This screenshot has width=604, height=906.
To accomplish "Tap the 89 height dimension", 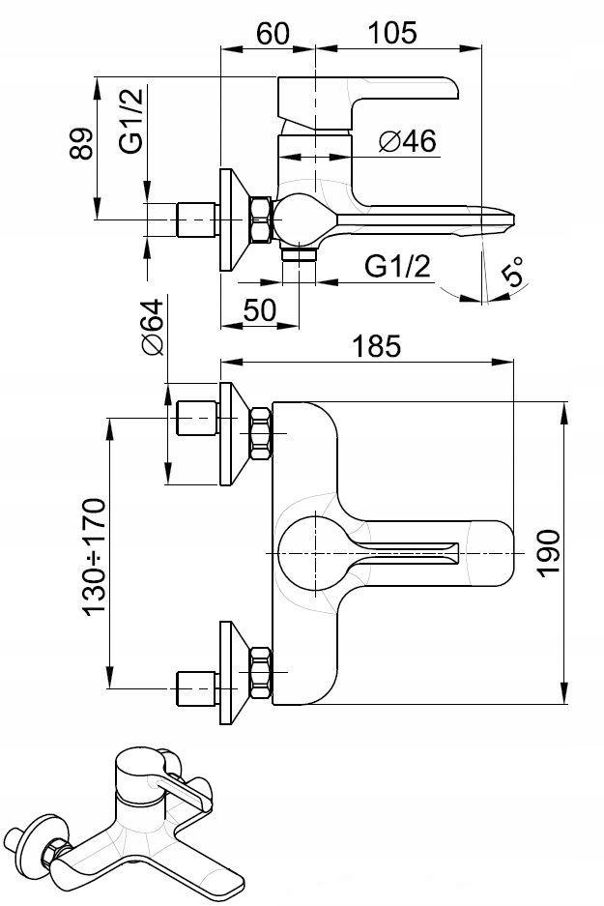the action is [x=81, y=143].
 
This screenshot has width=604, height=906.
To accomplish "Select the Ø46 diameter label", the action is [x=408, y=141].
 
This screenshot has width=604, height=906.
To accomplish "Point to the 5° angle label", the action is [x=513, y=272].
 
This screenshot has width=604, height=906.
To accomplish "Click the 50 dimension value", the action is [x=259, y=310].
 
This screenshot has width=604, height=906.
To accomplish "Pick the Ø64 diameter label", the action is [x=152, y=327].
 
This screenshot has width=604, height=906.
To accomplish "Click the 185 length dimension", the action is [x=376, y=347].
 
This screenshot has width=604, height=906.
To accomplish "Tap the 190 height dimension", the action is [x=548, y=552].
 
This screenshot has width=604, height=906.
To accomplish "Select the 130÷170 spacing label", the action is [x=96, y=557].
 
